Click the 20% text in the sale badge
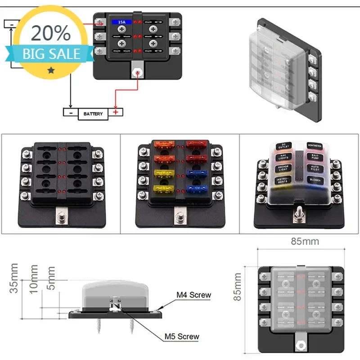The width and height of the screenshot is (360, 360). [x=51, y=33]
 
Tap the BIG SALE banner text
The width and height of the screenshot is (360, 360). [x=51, y=54]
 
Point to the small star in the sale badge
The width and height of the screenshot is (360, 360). [x=51, y=70]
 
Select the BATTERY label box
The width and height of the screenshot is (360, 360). [x=93, y=114]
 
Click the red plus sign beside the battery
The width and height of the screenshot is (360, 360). [x=116, y=112]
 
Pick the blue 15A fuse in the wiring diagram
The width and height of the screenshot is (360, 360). [x=121, y=21]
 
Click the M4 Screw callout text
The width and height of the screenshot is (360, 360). [x=193, y=295]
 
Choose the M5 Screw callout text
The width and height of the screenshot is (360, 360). [x=181, y=336]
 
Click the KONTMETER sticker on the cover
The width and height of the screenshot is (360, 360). [x=314, y=146]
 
